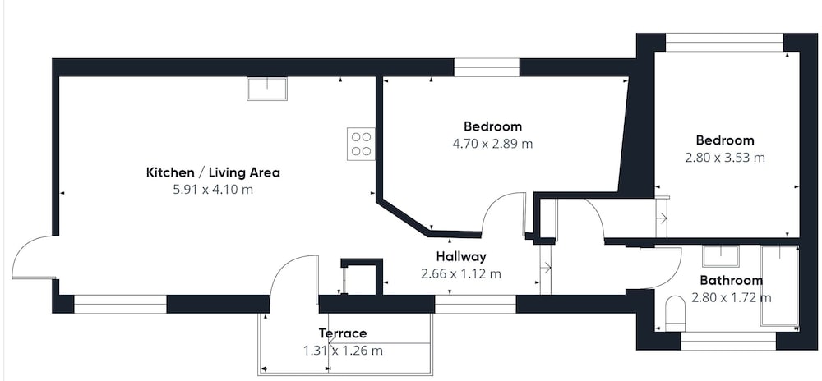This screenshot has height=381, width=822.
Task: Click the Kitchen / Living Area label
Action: pos(213,172)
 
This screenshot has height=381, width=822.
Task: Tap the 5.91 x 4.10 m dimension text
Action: pos(213,190)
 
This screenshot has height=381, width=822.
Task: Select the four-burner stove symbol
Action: pos(361,144)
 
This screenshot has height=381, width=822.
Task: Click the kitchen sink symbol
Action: pos(267,89)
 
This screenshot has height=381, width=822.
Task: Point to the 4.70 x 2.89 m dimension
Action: pos(492,144)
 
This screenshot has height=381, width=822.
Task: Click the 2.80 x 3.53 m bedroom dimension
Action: pos(725,158)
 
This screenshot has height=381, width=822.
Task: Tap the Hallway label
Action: pos(461,256)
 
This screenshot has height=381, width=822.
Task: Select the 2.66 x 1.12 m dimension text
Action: pos(461,273)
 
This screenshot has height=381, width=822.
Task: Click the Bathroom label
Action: pos(732,281)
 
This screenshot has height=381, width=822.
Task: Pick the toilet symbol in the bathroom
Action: pos(675,314)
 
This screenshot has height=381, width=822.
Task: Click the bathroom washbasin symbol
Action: pos(721,256)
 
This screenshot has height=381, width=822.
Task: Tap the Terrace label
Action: pos(343,333)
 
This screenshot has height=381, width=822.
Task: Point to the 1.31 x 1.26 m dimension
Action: pos(343,351)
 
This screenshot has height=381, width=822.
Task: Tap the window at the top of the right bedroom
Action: pos(724,43)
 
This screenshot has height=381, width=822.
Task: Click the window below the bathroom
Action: pos(728,342)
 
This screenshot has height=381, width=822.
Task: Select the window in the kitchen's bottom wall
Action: pos(120,304)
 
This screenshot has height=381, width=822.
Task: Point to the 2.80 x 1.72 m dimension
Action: pos(732,298)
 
